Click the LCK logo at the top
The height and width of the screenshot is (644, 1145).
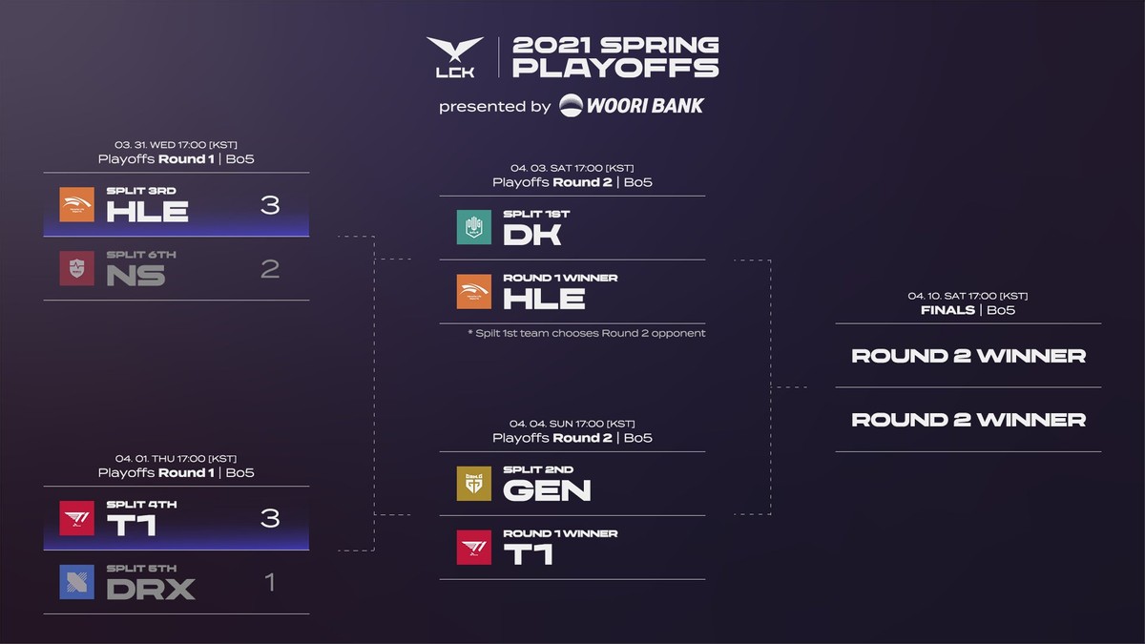point(455,58)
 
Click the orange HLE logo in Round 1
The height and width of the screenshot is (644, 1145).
point(77,204)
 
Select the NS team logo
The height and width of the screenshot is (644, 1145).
point(77,268)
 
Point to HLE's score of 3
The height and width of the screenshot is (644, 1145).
point(270,204)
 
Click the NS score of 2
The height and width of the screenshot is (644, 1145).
point(270,269)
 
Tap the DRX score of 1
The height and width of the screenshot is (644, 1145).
point(270,581)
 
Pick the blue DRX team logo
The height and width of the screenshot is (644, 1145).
point(77,581)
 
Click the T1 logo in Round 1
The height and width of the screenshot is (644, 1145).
point(77,517)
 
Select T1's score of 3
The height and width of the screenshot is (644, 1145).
point(270,517)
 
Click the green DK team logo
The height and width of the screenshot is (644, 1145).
point(474,227)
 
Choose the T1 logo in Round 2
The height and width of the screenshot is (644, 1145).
point(474,547)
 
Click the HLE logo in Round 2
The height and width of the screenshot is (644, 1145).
point(474,292)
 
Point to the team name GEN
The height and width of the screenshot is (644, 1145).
point(547,490)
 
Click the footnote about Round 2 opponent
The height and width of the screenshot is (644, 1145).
point(586,333)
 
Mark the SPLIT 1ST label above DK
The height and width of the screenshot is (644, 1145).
point(536,215)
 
